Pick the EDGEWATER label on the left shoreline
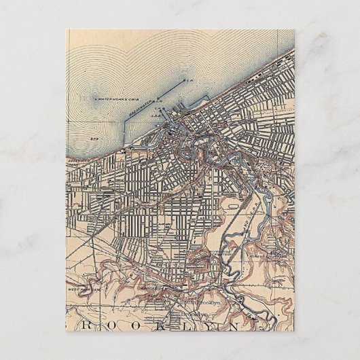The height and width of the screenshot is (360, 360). pos(75,160)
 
